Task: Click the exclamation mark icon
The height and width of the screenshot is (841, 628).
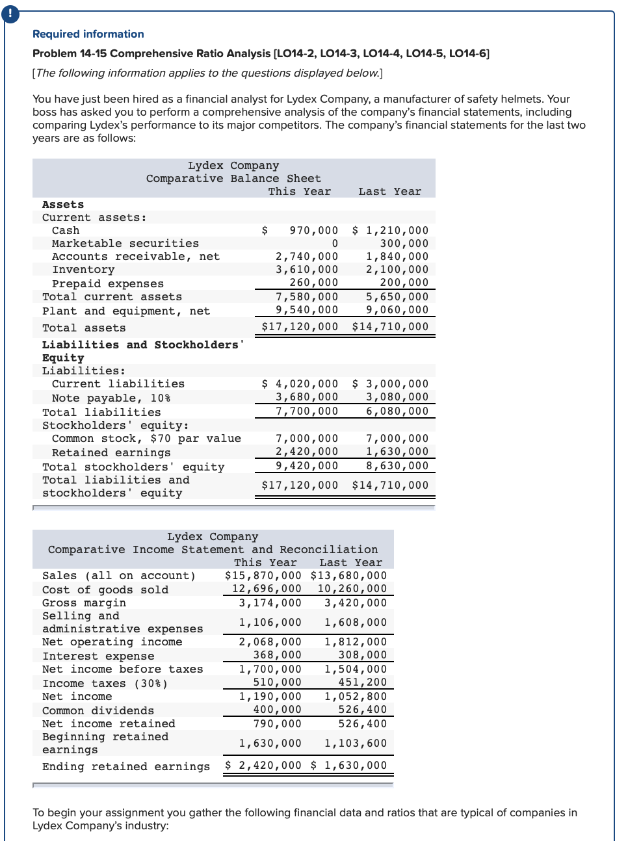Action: (x=10, y=14)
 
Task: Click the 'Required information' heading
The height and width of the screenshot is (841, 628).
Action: (x=88, y=34)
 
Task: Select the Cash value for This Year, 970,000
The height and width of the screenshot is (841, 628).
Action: (x=313, y=231)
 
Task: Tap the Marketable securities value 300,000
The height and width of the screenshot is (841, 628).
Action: (x=404, y=244)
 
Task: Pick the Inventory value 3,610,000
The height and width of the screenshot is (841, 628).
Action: (x=307, y=270)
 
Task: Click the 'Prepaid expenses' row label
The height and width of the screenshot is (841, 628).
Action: (x=108, y=284)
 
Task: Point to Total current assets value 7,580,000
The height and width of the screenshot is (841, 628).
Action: (x=307, y=297)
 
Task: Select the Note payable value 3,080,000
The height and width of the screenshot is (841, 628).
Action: (x=397, y=397)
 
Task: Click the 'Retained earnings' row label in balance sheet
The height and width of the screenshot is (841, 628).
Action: (x=111, y=453)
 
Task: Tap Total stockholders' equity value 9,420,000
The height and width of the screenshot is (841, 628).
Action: (x=307, y=466)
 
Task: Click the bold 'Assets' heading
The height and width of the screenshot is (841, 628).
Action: (x=63, y=205)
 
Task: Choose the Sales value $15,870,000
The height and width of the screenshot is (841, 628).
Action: (x=263, y=576)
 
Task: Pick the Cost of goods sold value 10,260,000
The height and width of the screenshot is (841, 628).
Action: (x=352, y=589)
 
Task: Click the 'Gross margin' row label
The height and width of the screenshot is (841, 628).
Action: (x=85, y=603)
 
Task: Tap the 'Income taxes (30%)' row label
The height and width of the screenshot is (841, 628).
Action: (x=105, y=684)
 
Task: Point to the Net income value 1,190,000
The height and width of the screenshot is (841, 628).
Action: (x=270, y=697)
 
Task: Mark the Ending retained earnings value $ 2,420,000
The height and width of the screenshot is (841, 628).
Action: (x=263, y=766)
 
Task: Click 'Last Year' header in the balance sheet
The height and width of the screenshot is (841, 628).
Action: (x=389, y=192)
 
